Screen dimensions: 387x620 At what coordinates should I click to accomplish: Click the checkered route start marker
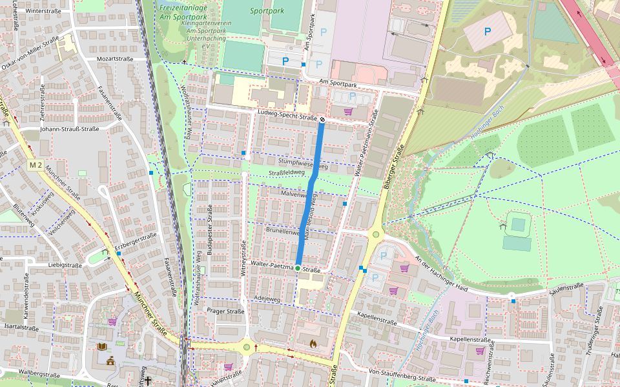pyautogui.click(x=322, y=119)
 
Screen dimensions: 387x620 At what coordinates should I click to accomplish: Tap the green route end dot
pyautogui.click(x=298, y=268)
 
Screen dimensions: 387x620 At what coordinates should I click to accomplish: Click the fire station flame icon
pyautogui.click(x=313, y=344)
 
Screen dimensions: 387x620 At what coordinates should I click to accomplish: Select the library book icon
pyautogui.click(x=101, y=346)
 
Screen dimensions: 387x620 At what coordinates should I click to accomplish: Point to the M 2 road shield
pyautogui.click(x=36, y=166)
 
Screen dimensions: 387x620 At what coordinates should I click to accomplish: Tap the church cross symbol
pyautogui.click(x=148, y=381)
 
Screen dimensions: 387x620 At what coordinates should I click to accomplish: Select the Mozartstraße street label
pyautogui.click(x=114, y=59)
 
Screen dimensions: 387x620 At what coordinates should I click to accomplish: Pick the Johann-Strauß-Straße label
pyautogui.click(x=68, y=129)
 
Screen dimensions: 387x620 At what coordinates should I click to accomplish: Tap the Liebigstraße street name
pyautogui.click(x=65, y=265)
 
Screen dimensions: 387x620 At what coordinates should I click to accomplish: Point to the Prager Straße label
pyautogui.click(x=225, y=311)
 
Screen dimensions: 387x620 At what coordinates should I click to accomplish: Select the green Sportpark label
pyautogui.click(x=266, y=11)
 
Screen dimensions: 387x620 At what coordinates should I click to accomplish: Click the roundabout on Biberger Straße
pyautogui.click(x=375, y=233)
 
